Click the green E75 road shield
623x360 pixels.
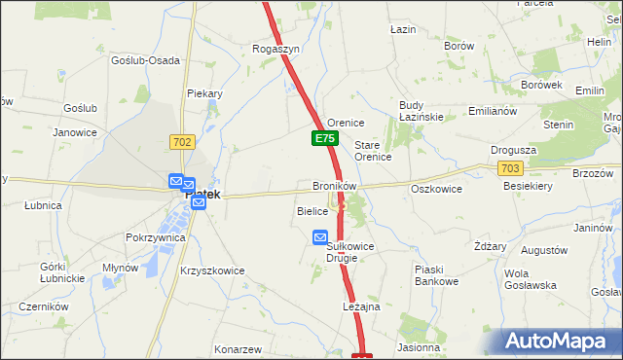click(325, 140)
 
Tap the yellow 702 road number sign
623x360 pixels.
click(182, 142)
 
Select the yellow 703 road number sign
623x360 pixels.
click(509, 168)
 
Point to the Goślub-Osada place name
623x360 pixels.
click(146, 60)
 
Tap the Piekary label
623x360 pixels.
click(205, 94)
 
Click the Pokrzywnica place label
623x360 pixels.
click(155, 237)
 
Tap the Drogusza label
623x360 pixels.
click(515, 151)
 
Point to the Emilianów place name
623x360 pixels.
click(492, 111)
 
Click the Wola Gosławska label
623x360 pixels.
click(530, 279)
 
